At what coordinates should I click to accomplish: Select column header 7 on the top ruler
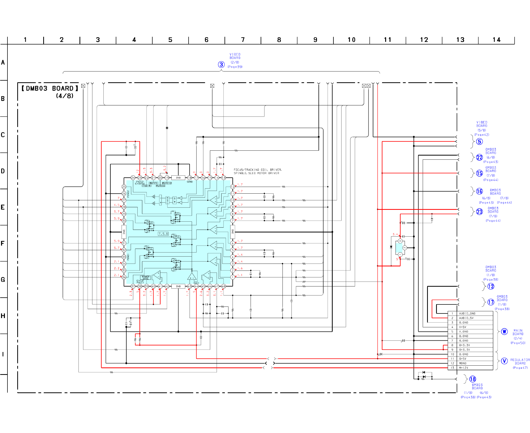243,40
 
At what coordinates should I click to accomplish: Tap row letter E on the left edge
3,207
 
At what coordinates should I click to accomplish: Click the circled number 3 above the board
221,65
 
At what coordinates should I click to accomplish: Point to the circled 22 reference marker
479,157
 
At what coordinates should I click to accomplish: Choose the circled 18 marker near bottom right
473,379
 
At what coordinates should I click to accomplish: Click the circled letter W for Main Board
504,332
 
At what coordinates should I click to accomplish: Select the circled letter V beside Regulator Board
504,361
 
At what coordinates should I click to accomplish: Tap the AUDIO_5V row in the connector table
466,318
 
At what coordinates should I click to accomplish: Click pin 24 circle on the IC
133,178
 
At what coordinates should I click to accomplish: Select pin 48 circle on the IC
224,286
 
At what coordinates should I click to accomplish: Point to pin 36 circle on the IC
124,277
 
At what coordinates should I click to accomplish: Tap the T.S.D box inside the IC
163,234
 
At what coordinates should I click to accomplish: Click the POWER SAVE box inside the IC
146,278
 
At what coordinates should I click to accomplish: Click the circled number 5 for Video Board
479,142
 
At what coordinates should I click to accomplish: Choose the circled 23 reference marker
479,212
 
